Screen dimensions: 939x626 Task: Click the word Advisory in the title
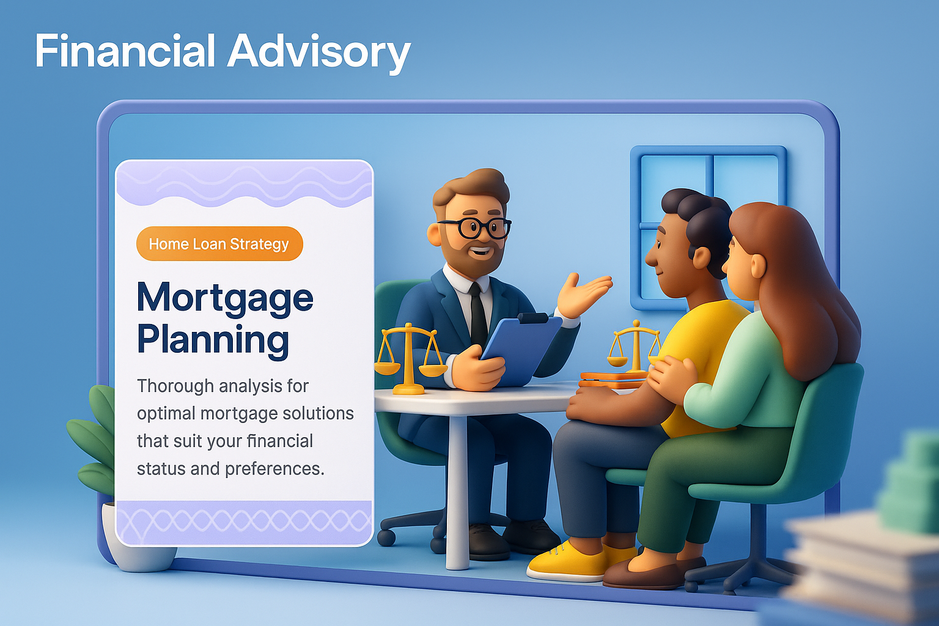point(319,53)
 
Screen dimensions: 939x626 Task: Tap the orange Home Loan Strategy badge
point(219,243)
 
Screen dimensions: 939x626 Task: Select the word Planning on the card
point(213,340)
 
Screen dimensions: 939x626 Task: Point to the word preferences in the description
point(274,469)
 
